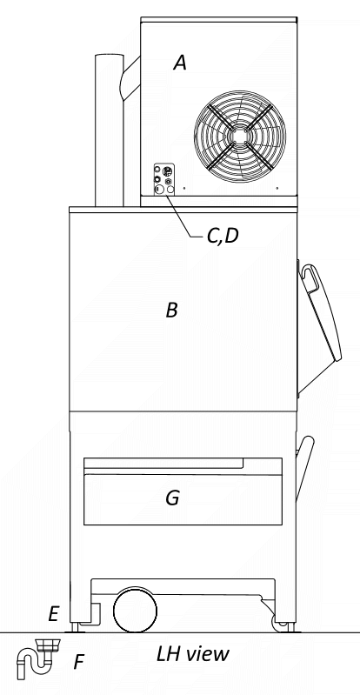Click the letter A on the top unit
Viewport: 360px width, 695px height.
179,63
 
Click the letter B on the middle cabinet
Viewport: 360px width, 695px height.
172,311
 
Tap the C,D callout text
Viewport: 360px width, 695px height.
223,237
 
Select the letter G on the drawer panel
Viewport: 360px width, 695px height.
172,498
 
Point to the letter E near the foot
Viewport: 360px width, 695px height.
53,614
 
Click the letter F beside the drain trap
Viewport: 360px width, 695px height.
78,663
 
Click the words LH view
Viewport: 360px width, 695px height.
193,654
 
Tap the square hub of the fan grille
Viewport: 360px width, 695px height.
239,135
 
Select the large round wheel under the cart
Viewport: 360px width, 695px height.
136,611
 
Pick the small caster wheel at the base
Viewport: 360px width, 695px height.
280,624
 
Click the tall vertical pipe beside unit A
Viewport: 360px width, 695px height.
109,130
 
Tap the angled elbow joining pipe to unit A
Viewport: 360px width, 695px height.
130,79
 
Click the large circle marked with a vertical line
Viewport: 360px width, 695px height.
159,190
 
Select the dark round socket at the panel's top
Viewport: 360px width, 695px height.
157,170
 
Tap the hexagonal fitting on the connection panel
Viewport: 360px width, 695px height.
168,181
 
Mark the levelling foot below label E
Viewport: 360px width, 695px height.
74,628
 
